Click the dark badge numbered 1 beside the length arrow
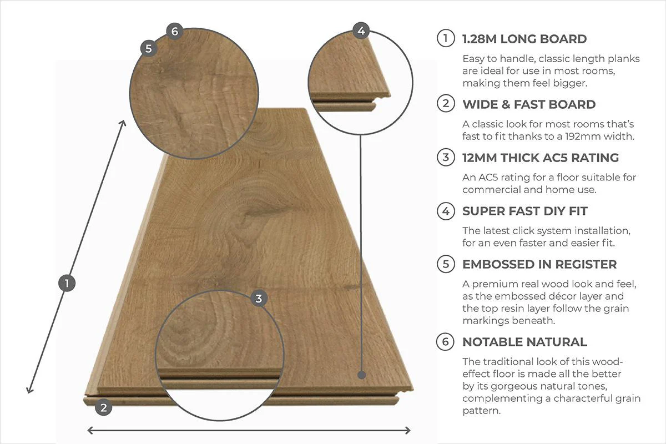pyautogui.click(x=67, y=284)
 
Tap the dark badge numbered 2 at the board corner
pyautogui.click(x=103, y=408)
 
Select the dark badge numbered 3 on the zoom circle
pyautogui.click(x=258, y=299)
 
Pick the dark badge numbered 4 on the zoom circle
pyautogui.click(x=361, y=31)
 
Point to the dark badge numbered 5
pyautogui.click(x=148, y=48)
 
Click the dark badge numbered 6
pyautogui.click(x=174, y=31)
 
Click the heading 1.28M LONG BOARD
pyautogui.click(x=524, y=39)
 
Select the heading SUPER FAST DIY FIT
pyautogui.click(x=524, y=211)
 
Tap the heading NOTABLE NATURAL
pyautogui.click(x=524, y=342)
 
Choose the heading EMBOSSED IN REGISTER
pyautogui.click(x=539, y=264)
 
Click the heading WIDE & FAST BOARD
pyautogui.click(x=529, y=104)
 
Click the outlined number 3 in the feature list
pyautogui.click(x=445, y=158)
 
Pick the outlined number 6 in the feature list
pyautogui.click(x=445, y=342)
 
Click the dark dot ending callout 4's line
pyautogui.click(x=362, y=375)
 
